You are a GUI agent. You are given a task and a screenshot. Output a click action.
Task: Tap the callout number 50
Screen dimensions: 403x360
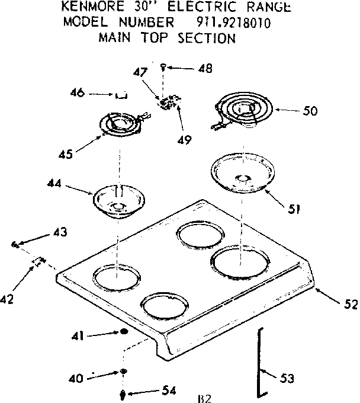coord(309,110)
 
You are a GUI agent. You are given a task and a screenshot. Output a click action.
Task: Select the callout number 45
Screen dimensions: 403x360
coord(66,154)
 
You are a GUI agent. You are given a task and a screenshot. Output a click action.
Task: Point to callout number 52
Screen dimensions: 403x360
coord(350,305)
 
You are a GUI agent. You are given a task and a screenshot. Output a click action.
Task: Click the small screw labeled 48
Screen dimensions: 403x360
coord(164,68)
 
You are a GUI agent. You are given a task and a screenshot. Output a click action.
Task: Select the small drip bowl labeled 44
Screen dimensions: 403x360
coord(118,200)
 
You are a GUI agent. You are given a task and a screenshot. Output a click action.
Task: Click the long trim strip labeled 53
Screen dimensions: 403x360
coord(258,362)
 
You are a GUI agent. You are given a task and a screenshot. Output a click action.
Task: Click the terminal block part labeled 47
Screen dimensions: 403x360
coord(162,102)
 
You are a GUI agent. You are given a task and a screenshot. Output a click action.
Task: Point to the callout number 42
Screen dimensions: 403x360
coord(7,300)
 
